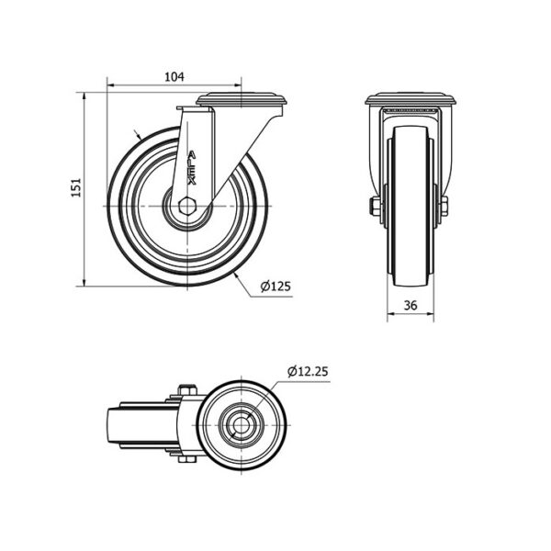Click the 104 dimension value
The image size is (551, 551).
[x=174, y=76]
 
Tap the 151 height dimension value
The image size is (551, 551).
[x=76, y=187]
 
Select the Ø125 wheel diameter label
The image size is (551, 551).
[x=275, y=287]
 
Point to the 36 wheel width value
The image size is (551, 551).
[x=410, y=306]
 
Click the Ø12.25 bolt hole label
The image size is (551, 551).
[x=308, y=371]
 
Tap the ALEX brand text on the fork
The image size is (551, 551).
[x=192, y=168]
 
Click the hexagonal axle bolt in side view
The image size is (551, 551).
[x=187, y=206]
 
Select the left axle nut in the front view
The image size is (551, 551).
[x=375, y=207]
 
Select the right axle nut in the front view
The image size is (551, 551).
[x=444, y=207]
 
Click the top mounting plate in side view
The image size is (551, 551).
[x=242, y=99]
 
